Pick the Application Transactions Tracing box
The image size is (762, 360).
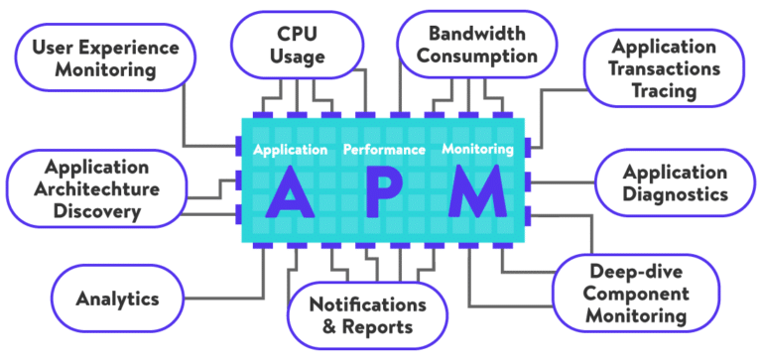tap(664, 68)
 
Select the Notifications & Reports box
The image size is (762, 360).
tap(367, 315)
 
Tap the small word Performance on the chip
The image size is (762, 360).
tap(383, 150)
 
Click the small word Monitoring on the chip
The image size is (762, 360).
tap(477, 150)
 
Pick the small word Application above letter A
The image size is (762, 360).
tap(290, 150)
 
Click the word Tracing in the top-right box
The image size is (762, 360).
tap(664, 90)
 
